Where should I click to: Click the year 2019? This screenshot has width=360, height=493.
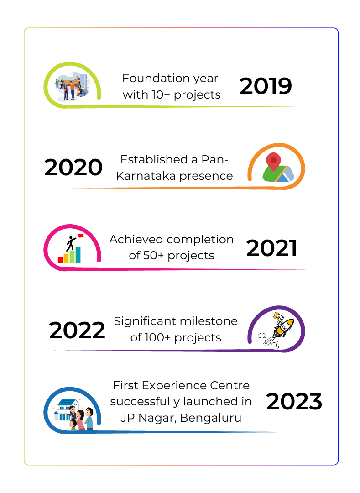(266, 86)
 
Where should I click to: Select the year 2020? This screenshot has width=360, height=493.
(73, 167)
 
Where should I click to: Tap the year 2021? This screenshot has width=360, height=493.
(271, 248)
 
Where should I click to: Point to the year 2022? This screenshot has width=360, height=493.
(77, 330)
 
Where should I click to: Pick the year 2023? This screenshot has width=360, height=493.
(294, 402)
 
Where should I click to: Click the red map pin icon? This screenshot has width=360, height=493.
(273, 162)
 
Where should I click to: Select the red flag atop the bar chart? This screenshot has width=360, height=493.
(81, 236)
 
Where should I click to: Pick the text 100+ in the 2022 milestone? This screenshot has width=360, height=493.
(157, 338)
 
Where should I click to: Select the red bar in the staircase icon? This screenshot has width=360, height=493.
(60, 260)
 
